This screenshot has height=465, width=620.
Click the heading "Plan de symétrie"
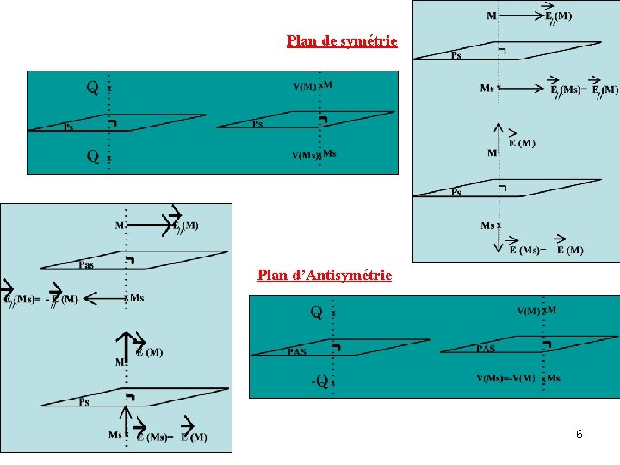coord(342,40)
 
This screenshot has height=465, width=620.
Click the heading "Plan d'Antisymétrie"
coord(325,276)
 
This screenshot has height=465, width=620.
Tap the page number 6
coord(580,434)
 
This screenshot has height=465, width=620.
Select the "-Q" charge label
coord(319,380)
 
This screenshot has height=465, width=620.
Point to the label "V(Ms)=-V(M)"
coord(505,378)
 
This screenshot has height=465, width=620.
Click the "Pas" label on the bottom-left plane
coord(86,264)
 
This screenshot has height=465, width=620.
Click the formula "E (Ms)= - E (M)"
coord(545,251)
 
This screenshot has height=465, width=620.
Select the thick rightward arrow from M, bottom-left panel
coord(156,226)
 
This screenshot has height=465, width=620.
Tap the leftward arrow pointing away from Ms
coord(104,299)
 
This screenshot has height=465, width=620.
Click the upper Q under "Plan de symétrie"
coord(91,87)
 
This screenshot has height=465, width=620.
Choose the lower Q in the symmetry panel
coord(91,156)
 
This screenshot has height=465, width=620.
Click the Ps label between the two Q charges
coord(70,127)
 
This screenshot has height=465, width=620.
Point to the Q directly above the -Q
coord(317,312)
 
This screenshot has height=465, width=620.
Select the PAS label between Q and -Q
coord(297,351)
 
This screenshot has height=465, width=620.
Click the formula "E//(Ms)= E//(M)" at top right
coord(584,90)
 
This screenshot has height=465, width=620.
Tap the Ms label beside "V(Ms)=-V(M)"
coord(553,378)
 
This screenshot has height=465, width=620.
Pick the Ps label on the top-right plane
coord(456,54)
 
